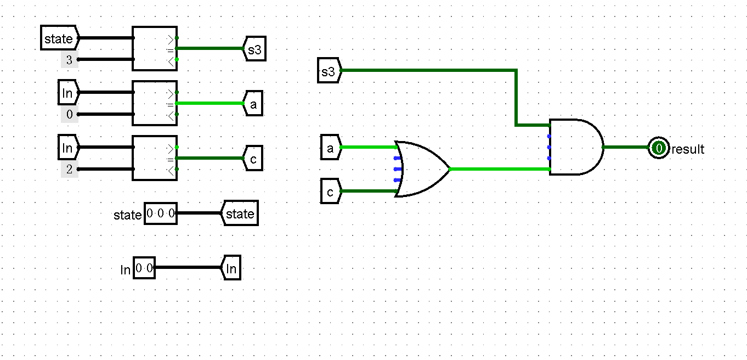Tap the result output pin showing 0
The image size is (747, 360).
tap(658, 148)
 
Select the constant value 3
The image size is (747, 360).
tap(69, 60)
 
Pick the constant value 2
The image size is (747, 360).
tap(69, 170)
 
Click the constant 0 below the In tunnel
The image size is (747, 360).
tap(69, 115)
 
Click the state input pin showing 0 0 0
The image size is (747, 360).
tap(161, 213)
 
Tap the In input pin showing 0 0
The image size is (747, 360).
tap(144, 268)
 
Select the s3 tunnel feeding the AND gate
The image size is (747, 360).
tap(329, 71)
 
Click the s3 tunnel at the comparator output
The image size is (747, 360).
tap(254, 49)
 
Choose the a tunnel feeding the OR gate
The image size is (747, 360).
tap(330, 148)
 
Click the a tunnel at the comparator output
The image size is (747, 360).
tap(253, 104)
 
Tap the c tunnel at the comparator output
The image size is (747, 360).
tap(253, 159)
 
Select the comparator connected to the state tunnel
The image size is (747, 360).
tap(155, 48)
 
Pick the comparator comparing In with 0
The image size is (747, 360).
tap(155, 103)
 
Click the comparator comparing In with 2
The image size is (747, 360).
tap(155, 158)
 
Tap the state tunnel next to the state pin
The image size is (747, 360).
tap(240, 213)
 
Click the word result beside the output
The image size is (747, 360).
tap(688, 149)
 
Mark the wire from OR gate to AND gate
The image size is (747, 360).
tap(499, 169)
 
